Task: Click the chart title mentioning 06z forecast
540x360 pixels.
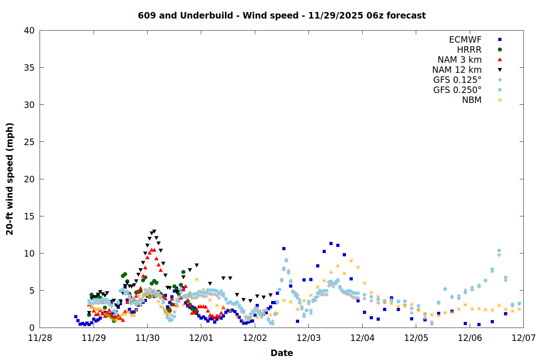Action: pyautogui.click(x=282, y=15)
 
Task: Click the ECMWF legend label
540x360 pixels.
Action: pyautogui.click(x=465, y=40)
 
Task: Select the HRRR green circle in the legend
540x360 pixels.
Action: pyautogui.click(x=500, y=50)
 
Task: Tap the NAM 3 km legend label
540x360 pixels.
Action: pyautogui.click(x=459, y=60)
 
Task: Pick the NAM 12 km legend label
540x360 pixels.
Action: pyautogui.click(x=457, y=70)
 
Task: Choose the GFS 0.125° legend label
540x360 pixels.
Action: pyautogui.click(x=457, y=80)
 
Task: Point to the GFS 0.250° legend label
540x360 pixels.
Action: pyautogui.click(x=457, y=90)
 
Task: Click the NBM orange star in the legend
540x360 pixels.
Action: pyautogui.click(x=500, y=100)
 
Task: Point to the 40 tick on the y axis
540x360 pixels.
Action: pyautogui.click(x=29, y=31)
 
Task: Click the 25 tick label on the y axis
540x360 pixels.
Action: pyautogui.click(x=29, y=142)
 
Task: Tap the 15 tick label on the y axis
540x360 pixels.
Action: pyautogui.click(x=29, y=216)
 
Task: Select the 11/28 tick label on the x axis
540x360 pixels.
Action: pyautogui.click(x=40, y=338)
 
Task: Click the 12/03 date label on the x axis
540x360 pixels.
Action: pyautogui.click(x=309, y=338)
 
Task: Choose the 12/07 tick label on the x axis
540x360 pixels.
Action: pyautogui.click(x=523, y=338)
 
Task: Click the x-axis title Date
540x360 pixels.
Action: pyautogui.click(x=282, y=353)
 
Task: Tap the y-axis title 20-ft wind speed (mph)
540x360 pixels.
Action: pyautogui.click(x=10, y=179)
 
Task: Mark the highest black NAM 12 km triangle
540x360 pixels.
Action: pyautogui.click(x=154, y=231)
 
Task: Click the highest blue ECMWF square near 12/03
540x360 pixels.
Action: pyautogui.click(x=331, y=244)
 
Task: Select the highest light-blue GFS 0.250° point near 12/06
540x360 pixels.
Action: pyautogui.click(x=499, y=251)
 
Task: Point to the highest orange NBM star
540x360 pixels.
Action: pyautogui.click(x=351, y=261)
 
